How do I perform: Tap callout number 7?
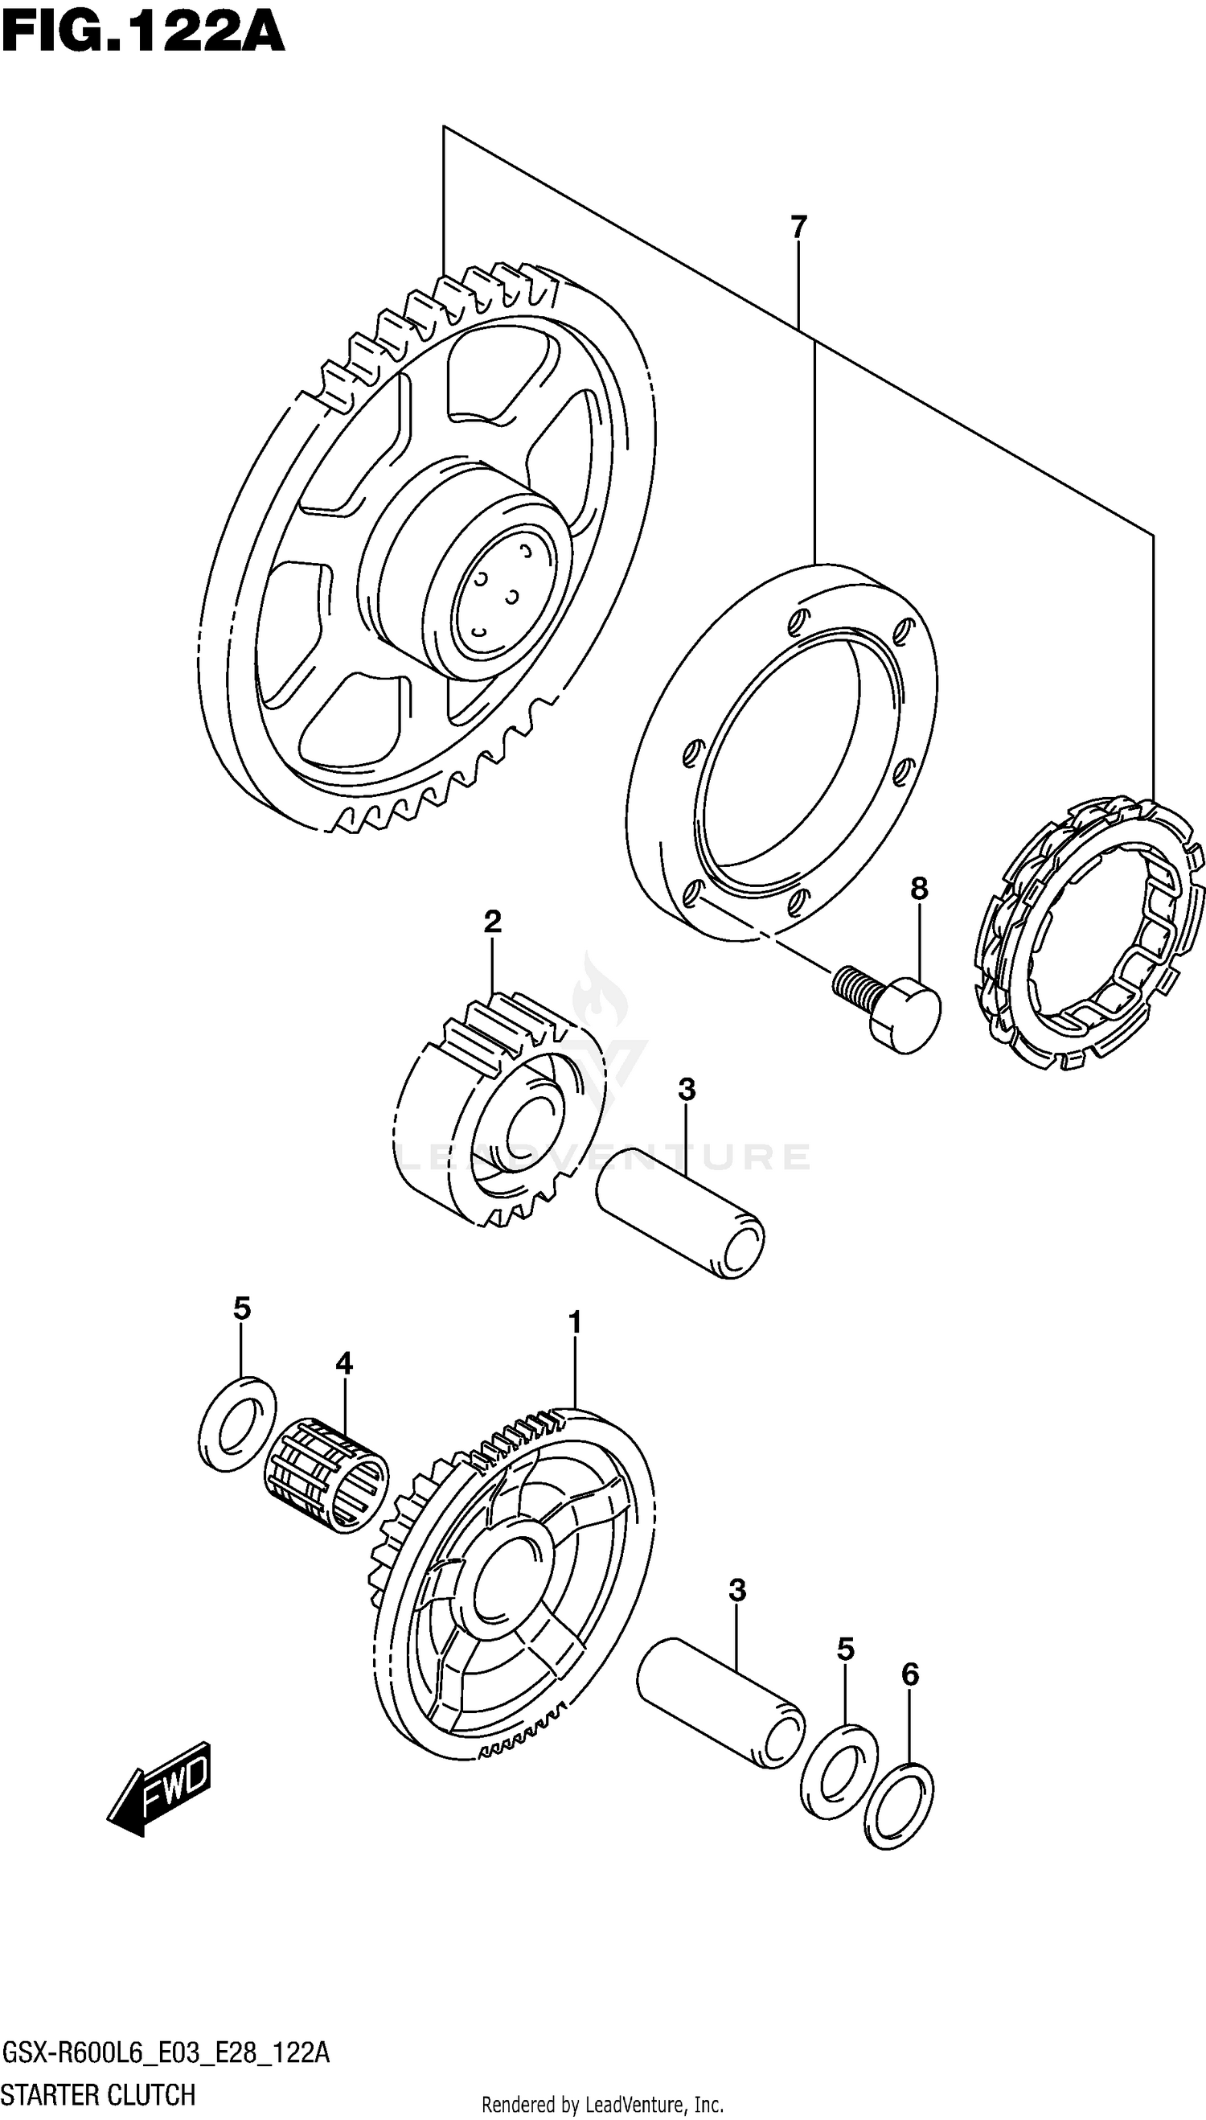click(798, 227)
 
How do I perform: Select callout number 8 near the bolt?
click(919, 889)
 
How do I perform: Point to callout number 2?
click(492, 921)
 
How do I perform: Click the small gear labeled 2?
click(497, 1110)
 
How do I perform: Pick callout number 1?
click(575, 1323)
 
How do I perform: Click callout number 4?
click(344, 1362)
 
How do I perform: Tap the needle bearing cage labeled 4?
click(326, 1475)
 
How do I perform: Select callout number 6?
click(909, 1675)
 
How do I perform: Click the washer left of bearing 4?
click(239, 1424)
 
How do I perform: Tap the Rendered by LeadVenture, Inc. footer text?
click(602, 2104)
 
